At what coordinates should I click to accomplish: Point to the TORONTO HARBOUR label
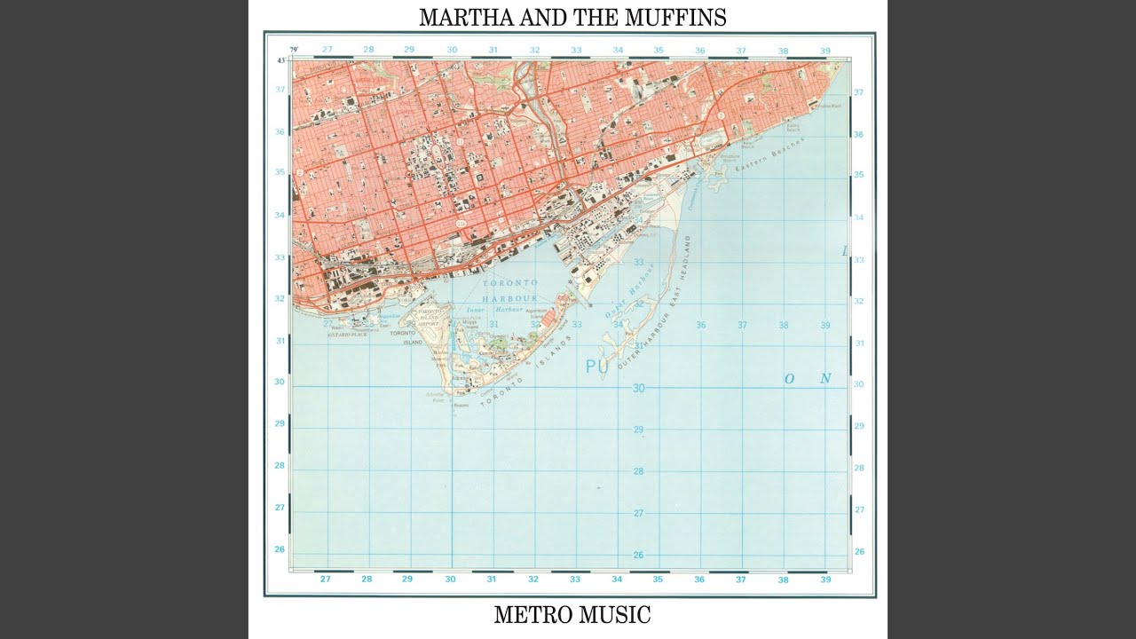[x=509, y=290]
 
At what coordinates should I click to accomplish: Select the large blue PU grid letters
[x=596, y=366]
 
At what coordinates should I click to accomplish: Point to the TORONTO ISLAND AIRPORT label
[x=430, y=318]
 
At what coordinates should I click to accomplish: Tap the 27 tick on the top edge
[x=327, y=50]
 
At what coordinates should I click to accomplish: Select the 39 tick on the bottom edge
[x=825, y=579]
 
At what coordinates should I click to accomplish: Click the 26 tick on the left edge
[x=280, y=549]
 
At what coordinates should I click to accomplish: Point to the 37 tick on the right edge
[x=858, y=92]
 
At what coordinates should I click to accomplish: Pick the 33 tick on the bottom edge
[x=575, y=579]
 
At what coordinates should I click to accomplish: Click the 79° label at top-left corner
[x=294, y=50]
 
